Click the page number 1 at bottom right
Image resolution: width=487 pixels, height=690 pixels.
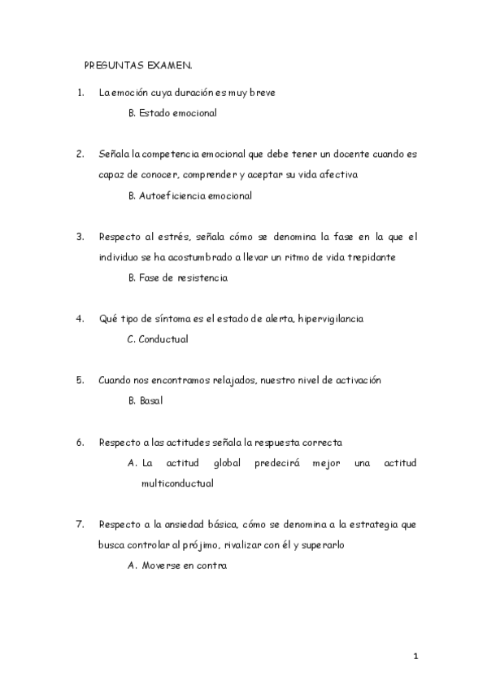pos(415,655)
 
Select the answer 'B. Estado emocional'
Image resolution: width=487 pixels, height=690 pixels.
pos(172,113)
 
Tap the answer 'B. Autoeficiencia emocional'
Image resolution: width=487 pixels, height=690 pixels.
pos(190,195)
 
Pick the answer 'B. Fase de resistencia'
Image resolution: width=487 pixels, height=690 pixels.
pos(178,277)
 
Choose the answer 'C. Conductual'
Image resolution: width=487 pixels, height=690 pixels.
pos(158,339)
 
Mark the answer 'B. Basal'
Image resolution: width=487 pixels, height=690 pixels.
pos(146,401)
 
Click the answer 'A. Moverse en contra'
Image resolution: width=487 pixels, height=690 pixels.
pos(177,566)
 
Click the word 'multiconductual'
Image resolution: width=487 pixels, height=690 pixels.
pos(177,483)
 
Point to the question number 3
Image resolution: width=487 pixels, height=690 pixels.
pos(80,237)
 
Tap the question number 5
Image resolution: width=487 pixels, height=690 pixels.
pos(80,380)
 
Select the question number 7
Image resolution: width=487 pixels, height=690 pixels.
pos(80,524)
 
